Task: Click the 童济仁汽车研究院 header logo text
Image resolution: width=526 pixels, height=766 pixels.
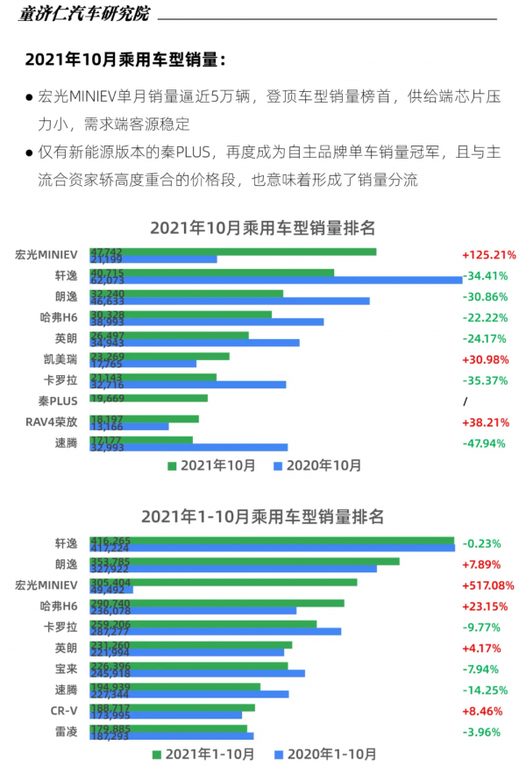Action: pos(84,15)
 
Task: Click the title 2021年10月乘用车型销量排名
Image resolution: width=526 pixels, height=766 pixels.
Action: pos(263,228)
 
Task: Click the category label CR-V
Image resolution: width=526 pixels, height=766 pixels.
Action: pos(66,711)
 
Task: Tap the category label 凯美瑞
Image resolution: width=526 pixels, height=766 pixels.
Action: pos(60,359)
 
